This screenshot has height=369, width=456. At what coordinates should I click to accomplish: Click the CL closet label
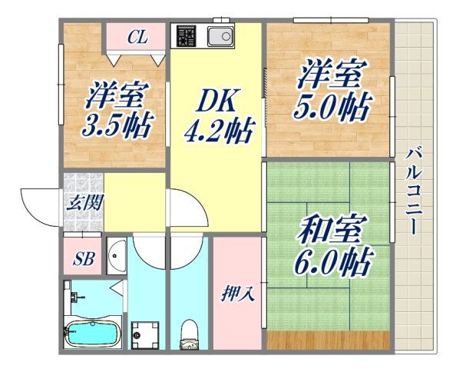tap(137, 36)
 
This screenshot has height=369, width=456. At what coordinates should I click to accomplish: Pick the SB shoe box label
tap(83, 259)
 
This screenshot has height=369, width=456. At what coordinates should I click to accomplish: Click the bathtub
tap(92, 333)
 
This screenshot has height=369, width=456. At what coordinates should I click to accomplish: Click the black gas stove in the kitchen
tap(187, 36)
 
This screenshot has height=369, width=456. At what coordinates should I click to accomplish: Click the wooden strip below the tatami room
tap(328, 339)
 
